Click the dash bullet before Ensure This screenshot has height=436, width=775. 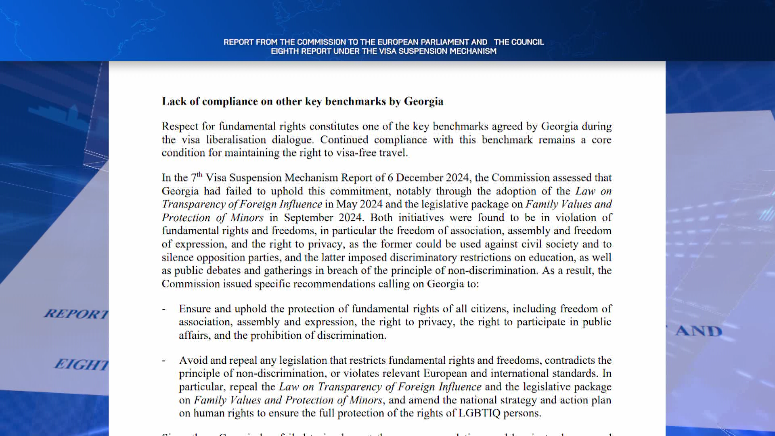coord(163,309)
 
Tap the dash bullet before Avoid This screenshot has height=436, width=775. coord(163,361)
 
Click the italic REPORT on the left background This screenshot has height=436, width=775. coord(76,314)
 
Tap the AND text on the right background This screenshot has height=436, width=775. coord(699,331)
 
